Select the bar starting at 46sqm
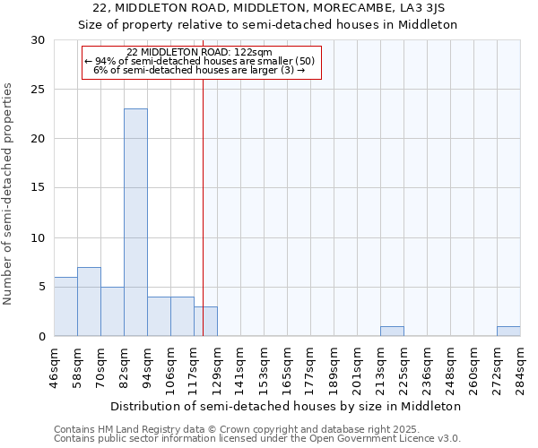tap(65, 306)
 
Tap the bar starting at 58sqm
tap(89, 302)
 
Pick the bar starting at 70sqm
tap(112, 312)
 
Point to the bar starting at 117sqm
tap(205, 322)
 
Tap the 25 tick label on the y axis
tap(38, 90)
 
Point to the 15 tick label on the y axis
tap(38, 188)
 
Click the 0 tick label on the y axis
tap(41, 336)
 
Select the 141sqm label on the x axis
tap(240, 367)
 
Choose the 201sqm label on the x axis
tap(357, 367)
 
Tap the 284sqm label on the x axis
tap(520, 367)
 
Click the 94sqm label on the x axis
tap(147, 367)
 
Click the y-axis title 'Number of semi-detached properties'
tap(8, 194)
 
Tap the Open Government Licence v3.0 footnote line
tap(256, 438)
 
